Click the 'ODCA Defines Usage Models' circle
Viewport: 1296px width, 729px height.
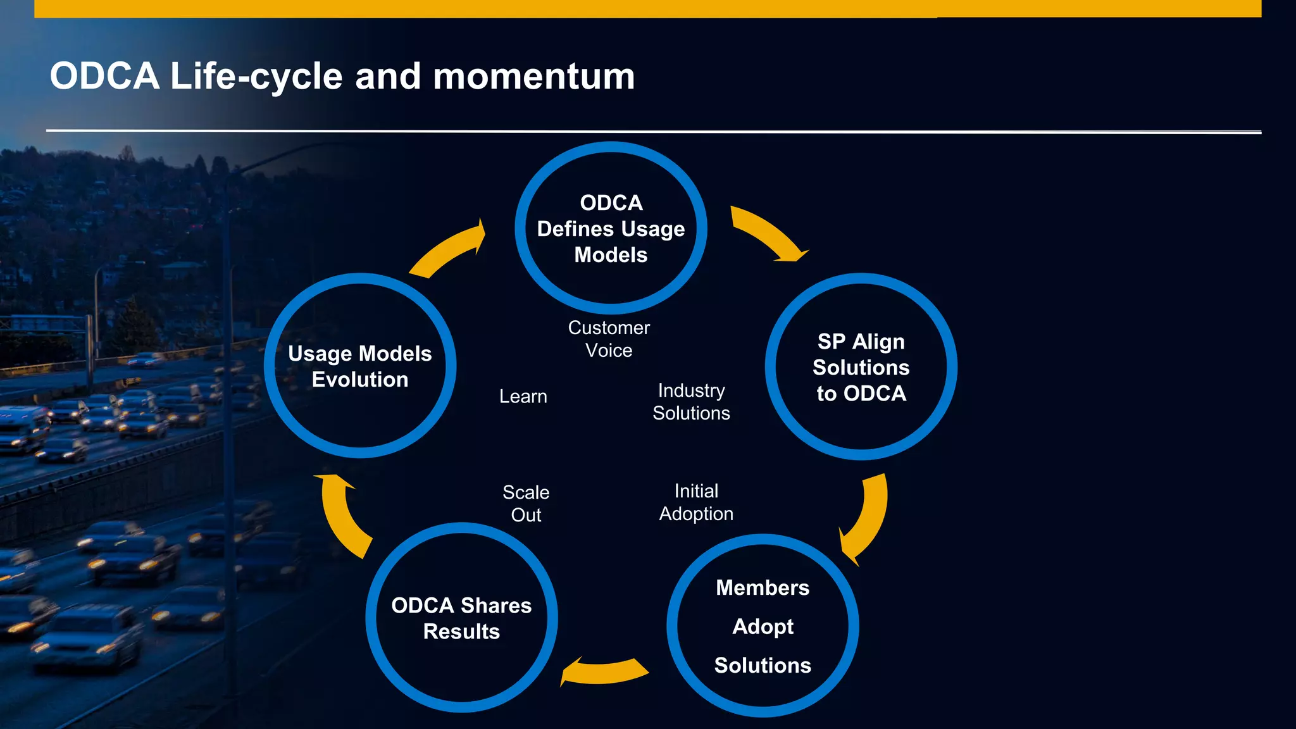point(611,228)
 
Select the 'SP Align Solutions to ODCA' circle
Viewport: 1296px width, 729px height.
point(861,367)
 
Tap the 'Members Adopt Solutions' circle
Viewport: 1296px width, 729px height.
point(763,626)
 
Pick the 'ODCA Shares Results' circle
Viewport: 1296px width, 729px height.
point(461,618)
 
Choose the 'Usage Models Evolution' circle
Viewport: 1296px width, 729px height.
point(360,366)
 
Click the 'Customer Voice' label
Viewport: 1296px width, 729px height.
point(609,339)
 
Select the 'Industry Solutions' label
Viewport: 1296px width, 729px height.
point(691,402)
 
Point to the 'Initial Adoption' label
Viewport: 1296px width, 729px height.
point(696,502)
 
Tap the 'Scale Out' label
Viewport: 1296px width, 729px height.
point(526,504)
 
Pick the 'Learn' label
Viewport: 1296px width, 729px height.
point(523,397)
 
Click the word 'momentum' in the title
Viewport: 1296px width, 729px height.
point(533,77)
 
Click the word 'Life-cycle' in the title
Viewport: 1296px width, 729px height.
point(257,77)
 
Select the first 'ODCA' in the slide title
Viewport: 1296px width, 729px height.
point(104,77)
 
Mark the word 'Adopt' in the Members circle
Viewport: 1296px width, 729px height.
point(763,626)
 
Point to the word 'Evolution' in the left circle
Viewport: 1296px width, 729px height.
point(360,380)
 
